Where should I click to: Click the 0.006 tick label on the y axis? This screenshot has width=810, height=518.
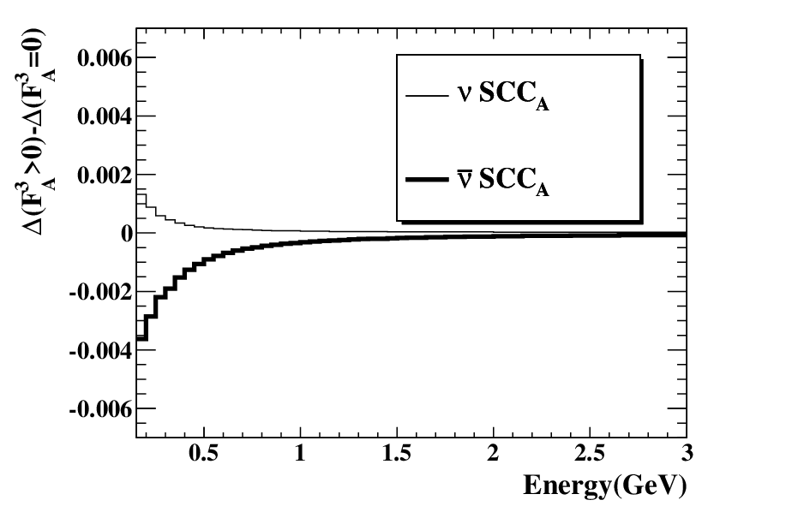tap(105, 57)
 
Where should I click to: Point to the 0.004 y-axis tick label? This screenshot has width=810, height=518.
tap(105, 116)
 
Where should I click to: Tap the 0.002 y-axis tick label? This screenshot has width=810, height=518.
tap(105, 175)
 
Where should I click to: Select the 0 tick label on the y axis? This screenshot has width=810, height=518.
tap(127, 234)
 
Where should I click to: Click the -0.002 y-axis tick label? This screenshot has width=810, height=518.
tap(101, 292)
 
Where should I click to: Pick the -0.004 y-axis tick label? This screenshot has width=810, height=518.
tap(101, 351)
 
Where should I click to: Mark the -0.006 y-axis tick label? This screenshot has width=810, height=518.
tap(101, 409)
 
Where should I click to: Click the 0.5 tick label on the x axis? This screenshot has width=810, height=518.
tap(203, 453)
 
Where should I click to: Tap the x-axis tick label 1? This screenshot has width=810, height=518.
tap(300, 453)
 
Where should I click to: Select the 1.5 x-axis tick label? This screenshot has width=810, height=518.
tap(397, 453)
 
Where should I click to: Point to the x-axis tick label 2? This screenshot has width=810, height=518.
tap(494, 453)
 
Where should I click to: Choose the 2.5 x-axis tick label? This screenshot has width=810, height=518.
tap(590, 453)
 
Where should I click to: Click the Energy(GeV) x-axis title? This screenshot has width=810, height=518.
tap(605, 485)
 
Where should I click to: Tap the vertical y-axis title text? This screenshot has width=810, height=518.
tap(39, 132)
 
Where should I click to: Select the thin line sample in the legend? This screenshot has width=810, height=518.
tap(427, 95)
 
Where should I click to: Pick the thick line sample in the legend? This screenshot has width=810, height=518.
tap(427, 180)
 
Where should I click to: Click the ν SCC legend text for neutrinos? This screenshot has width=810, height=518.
tap(503, 95)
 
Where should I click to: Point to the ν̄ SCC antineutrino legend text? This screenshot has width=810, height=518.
tap(503, 180)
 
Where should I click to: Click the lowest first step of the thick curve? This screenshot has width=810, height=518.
tap(142, 338)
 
